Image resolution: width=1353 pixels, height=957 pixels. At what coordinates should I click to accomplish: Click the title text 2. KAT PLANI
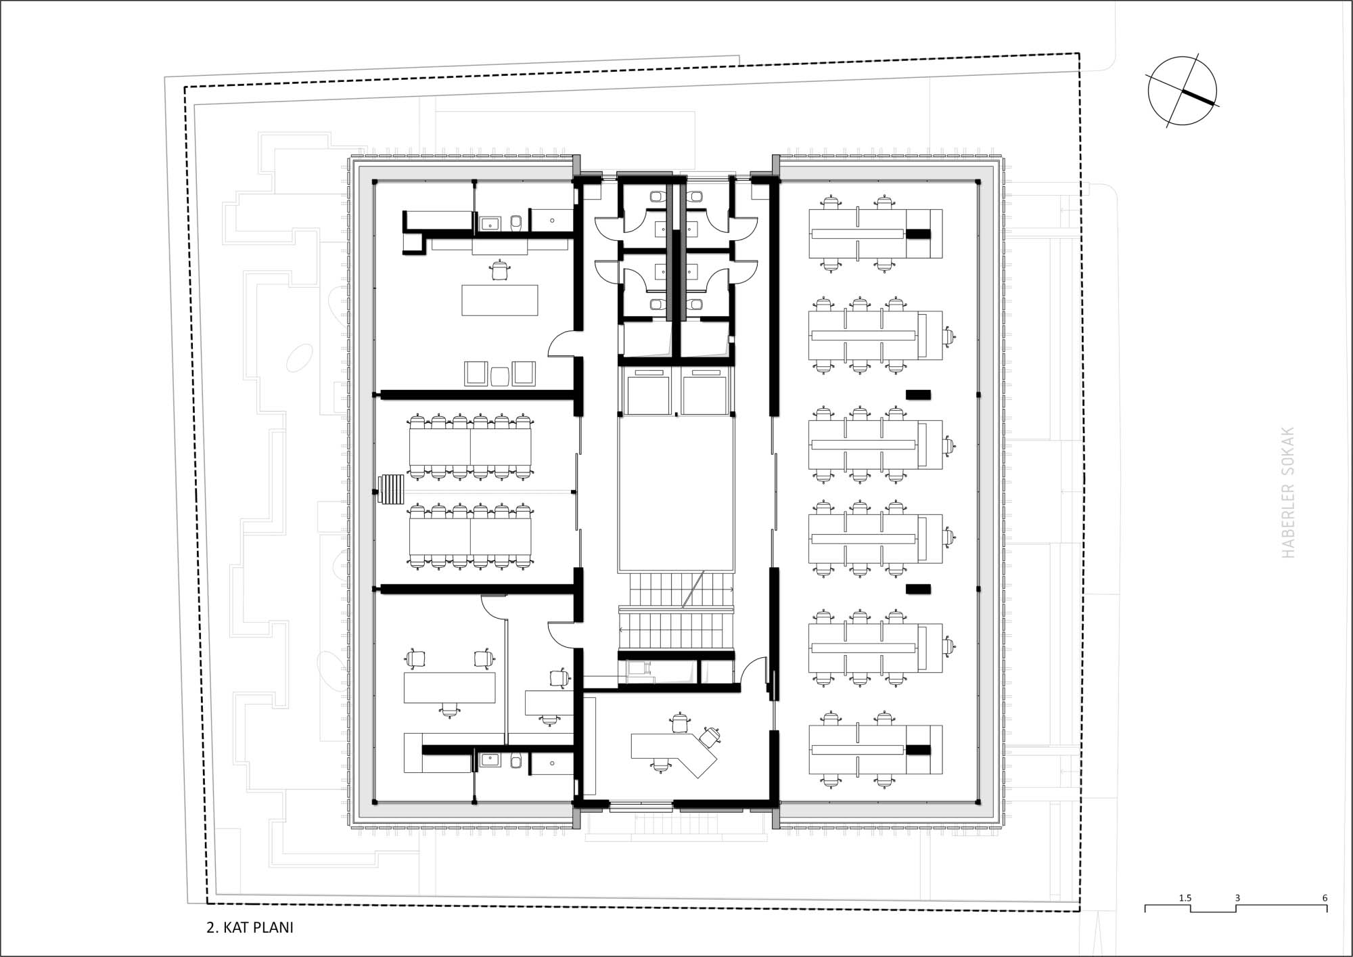[250, 927]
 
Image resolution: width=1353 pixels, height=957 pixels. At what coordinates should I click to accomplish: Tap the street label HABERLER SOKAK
[1288, 492]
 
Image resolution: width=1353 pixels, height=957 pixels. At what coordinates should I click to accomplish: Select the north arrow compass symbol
[1182, 91]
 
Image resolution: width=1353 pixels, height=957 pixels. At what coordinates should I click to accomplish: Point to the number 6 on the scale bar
[1325, 898]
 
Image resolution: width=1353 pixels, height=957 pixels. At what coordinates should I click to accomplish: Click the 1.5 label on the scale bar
[1185, 898]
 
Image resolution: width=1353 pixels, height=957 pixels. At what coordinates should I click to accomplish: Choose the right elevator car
[705, 393]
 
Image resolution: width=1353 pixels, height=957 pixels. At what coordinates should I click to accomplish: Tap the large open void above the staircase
[676, 494]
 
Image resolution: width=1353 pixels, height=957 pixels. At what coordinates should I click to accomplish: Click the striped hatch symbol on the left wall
[392, 489]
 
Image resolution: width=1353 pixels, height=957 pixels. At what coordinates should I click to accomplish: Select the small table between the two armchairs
[499, 376]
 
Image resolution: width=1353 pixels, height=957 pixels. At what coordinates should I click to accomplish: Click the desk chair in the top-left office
[500, 270]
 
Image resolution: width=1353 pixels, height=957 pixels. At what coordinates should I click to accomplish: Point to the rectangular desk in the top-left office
[500, 301]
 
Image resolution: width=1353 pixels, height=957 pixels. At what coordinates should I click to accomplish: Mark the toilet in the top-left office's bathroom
[516, 222]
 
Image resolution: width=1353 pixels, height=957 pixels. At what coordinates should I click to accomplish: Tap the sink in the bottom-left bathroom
[490, 761]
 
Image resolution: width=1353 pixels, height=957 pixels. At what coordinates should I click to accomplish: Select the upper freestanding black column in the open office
[918, 394]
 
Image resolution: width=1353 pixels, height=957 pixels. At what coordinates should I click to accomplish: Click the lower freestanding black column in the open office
[918, 589]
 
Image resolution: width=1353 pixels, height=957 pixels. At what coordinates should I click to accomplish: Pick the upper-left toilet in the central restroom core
[656, 196]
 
